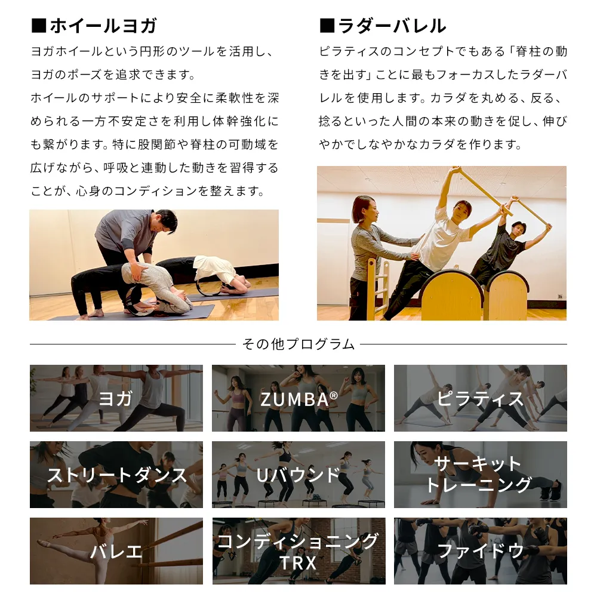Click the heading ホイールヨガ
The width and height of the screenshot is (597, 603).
103,26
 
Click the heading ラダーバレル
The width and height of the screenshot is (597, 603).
392,26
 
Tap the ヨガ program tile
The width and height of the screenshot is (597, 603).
116,398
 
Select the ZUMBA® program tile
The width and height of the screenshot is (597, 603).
298,398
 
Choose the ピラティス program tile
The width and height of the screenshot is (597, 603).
481,398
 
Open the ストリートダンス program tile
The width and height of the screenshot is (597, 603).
116,475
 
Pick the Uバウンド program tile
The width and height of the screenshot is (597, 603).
298,475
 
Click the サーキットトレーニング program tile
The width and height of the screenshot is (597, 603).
481,475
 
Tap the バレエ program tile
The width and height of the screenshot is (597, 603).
116,550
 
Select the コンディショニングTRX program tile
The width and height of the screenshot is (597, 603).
298,550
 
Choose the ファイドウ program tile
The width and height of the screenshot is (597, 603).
481,550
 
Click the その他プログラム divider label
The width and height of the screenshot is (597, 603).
298,344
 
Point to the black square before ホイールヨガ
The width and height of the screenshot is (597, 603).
38,26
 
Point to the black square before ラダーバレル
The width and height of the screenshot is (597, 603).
327,26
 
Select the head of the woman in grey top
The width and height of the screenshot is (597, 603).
364,209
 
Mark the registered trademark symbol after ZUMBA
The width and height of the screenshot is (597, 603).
334,395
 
